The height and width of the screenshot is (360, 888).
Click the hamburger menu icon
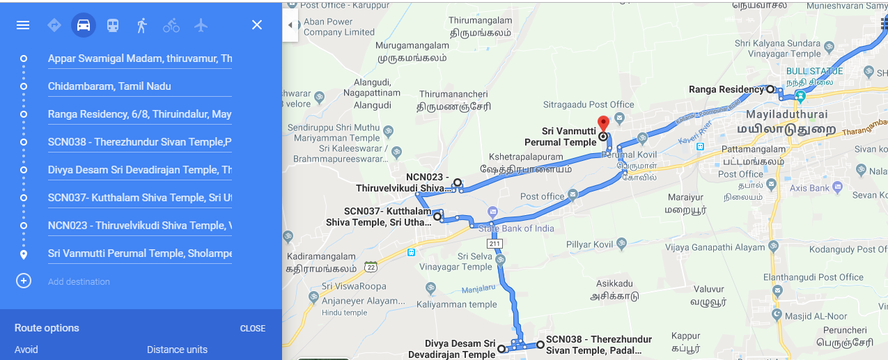coord(23,25)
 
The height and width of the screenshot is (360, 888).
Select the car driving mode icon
coord(84,25)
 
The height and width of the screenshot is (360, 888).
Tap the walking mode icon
coord(142,25)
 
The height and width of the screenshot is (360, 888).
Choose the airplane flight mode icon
coord(201,25)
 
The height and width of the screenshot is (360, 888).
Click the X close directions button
coord(257,25)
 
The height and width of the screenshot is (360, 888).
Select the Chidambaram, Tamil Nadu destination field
coord(139,86)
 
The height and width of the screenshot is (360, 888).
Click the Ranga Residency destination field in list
coord(139,114)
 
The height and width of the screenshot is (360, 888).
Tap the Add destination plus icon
coord(24,281)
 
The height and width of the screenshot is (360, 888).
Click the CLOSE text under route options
coord(252,329)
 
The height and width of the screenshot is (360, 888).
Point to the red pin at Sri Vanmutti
coord(603,123)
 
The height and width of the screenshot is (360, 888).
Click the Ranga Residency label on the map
coord(726,89)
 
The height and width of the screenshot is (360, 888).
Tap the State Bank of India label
coord(515,228)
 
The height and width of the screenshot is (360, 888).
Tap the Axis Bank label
coord(809,188)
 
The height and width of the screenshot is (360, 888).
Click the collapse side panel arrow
coord(290,25)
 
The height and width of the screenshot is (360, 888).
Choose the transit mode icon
coord(112,25)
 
